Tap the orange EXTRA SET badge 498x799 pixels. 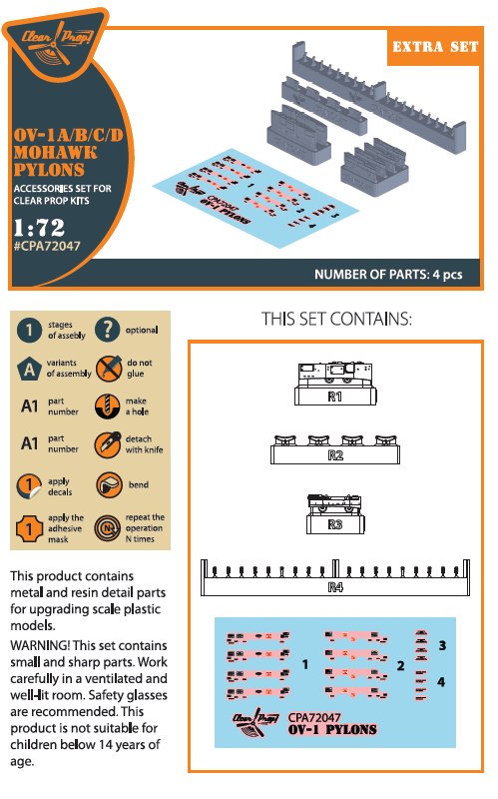pyautogui.click(x=434, y=47)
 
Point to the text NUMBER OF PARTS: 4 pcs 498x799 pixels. pyautogui.click(x=388, y=276)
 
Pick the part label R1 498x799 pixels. pyautogui.click(x=335, y=398)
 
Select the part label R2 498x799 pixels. pyautogui.click(x=335, y=456)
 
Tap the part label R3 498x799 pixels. pyautogui.click(x=335, y=524)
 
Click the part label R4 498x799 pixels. pyautogui.click(x=335, y=588)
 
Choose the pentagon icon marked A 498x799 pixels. pyautogui.click(x=31, y=368)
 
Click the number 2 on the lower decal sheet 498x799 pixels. pyautogui.click(x=400, y=666)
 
